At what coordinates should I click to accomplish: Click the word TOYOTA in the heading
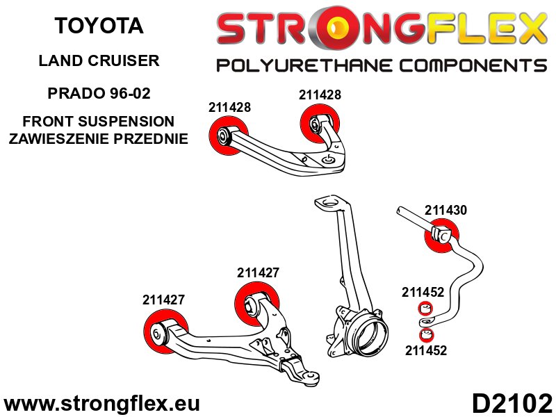coord(99,26)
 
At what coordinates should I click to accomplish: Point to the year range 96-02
coord(130,92)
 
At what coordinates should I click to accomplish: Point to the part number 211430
coord(445,209)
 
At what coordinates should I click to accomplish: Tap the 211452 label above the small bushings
coord(423,293)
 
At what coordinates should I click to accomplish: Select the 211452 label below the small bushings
coord(425,351)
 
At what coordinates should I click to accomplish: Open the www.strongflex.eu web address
coord(101,404)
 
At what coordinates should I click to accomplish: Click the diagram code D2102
coord(512,403)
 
